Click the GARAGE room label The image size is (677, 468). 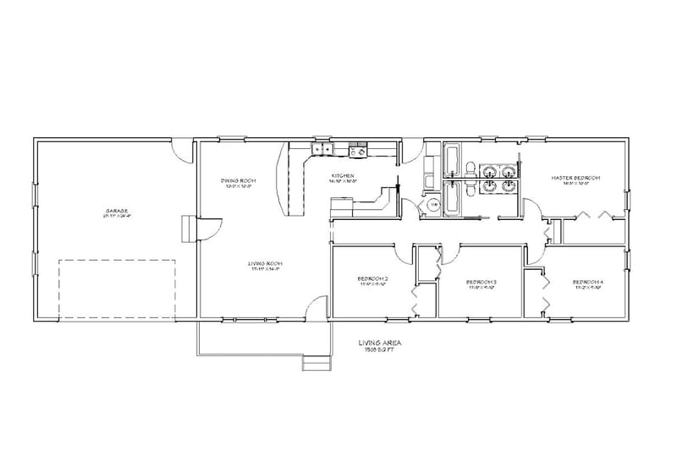click(x=117, y=212)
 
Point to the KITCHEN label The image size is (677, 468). click(x=344, y=179)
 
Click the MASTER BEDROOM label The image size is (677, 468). click(x=575, y=179)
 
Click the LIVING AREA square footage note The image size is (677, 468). click(x=379, y=345)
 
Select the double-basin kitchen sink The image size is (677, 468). click(x=321, y=151)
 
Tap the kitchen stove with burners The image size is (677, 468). click(x=357, y=151)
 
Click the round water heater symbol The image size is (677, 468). click(x=432, y=204)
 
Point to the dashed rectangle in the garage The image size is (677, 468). click(x=117, y=288)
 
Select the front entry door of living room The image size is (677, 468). click(x=316, y=308)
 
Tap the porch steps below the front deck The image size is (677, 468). click(x=315, y=363)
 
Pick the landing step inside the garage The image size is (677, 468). click(x=185, y=228)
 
